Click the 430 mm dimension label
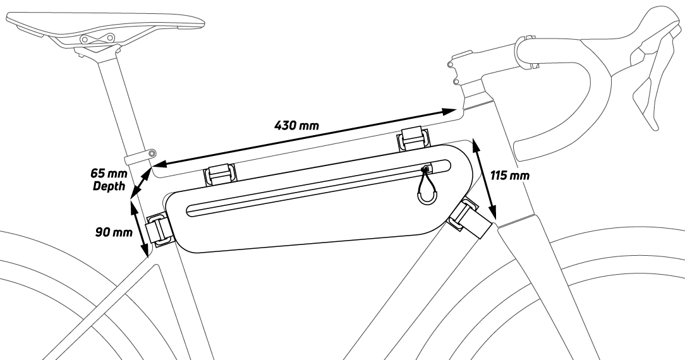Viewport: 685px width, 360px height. tap(296, 124)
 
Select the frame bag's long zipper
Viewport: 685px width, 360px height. tap(316, 188)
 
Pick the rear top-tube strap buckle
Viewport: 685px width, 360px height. tap(219, 175)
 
